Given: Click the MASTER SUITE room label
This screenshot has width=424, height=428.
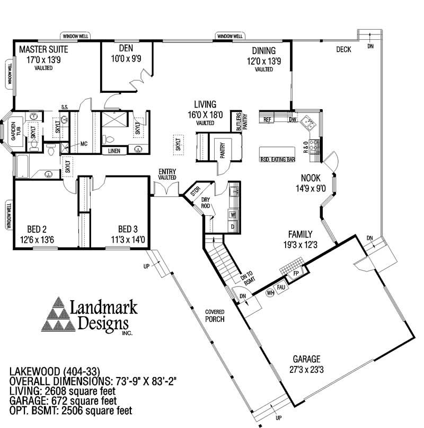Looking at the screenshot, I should [43, 50].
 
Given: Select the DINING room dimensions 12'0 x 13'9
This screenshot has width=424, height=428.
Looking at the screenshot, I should [263, 61].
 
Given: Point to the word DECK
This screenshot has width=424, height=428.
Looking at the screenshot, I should [343, 50].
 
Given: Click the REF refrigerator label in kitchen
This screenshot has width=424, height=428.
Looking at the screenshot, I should [268, 119].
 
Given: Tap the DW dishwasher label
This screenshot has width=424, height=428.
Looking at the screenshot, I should [292, 119].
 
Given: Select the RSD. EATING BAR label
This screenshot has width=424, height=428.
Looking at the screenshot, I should [277, 158].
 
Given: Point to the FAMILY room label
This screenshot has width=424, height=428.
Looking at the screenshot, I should [300, 234].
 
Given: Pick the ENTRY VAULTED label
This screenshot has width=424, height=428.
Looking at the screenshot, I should [167, 174].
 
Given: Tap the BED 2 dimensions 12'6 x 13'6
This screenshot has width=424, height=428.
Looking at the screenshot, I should [37, 240].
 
